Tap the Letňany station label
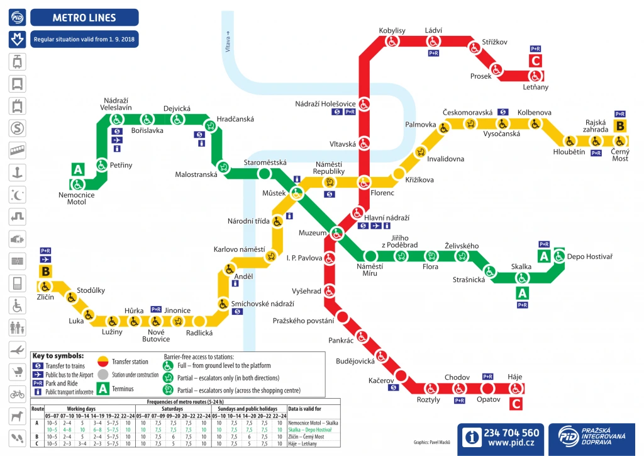point(535,87)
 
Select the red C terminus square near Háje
point(516,404)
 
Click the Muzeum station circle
point(336,234)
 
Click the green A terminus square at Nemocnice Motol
point(78,169)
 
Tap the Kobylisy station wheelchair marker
point(392,42)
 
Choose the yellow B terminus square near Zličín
point(45,272)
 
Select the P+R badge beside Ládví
point(433,54)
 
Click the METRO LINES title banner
point(84,17)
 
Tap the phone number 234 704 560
point(511,433)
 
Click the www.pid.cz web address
point(511,445)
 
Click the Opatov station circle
point(488,388)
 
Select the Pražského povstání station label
point(303,321)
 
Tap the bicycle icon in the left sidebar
point(18,394)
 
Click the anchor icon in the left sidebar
point(18,173)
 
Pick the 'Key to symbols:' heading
point(58,356)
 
